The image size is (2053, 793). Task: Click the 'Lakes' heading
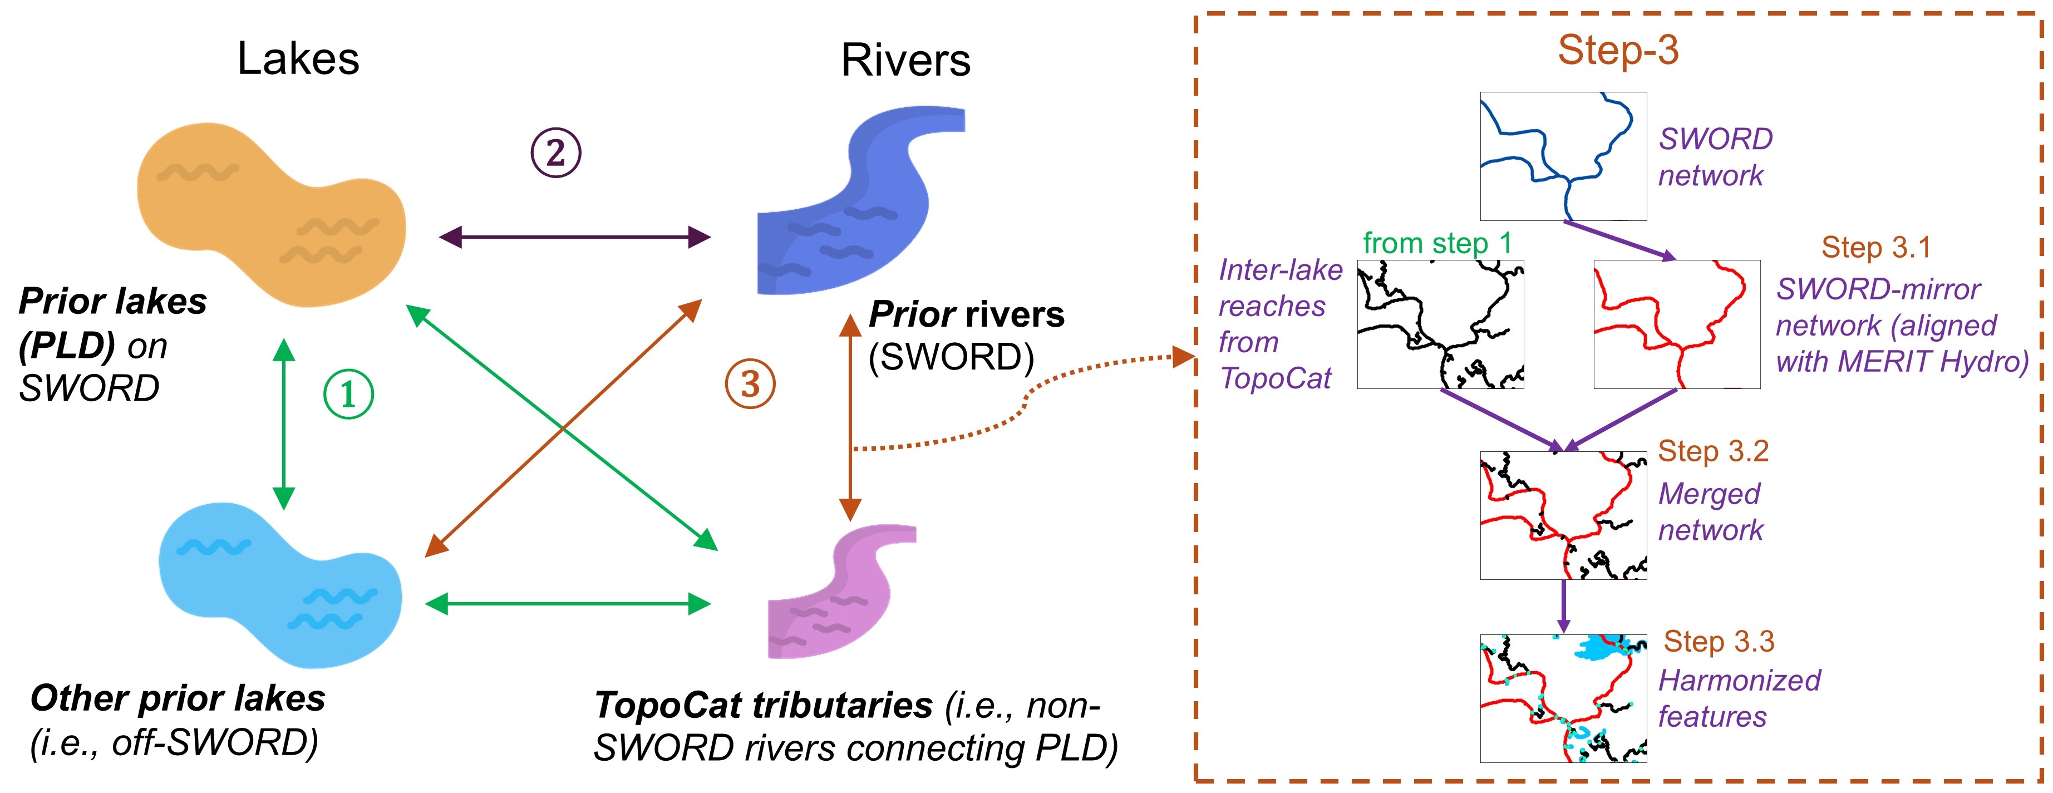pyautogui.click(x=298, y=59)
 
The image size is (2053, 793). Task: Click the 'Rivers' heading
pyautogui.click(x=905, y=61)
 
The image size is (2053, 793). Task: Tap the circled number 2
pyautogui.click(x=555, y=152)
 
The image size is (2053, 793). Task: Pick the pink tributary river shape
pyautogui.click(x=837, y=594)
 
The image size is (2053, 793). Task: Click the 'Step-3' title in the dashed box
pyautogui.click(x=1618, y=50)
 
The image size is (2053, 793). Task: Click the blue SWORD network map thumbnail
pyautogui.click(x=1563, y=155)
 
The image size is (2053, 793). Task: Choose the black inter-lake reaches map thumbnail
pyautogui.click(x=1440, y=324)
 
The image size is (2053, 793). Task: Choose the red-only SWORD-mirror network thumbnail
pyautogui.click(x=1676, y=324)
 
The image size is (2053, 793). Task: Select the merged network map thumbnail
pyautogui.click(x=1563, y=515)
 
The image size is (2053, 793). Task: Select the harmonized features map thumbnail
pyautogui.click(x=1563, y=698)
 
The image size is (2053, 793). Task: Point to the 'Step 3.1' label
pyautogui.click(x=1876, y=248)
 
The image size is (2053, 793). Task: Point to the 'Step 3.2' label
pyautogui.click(x=1713, y=452)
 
